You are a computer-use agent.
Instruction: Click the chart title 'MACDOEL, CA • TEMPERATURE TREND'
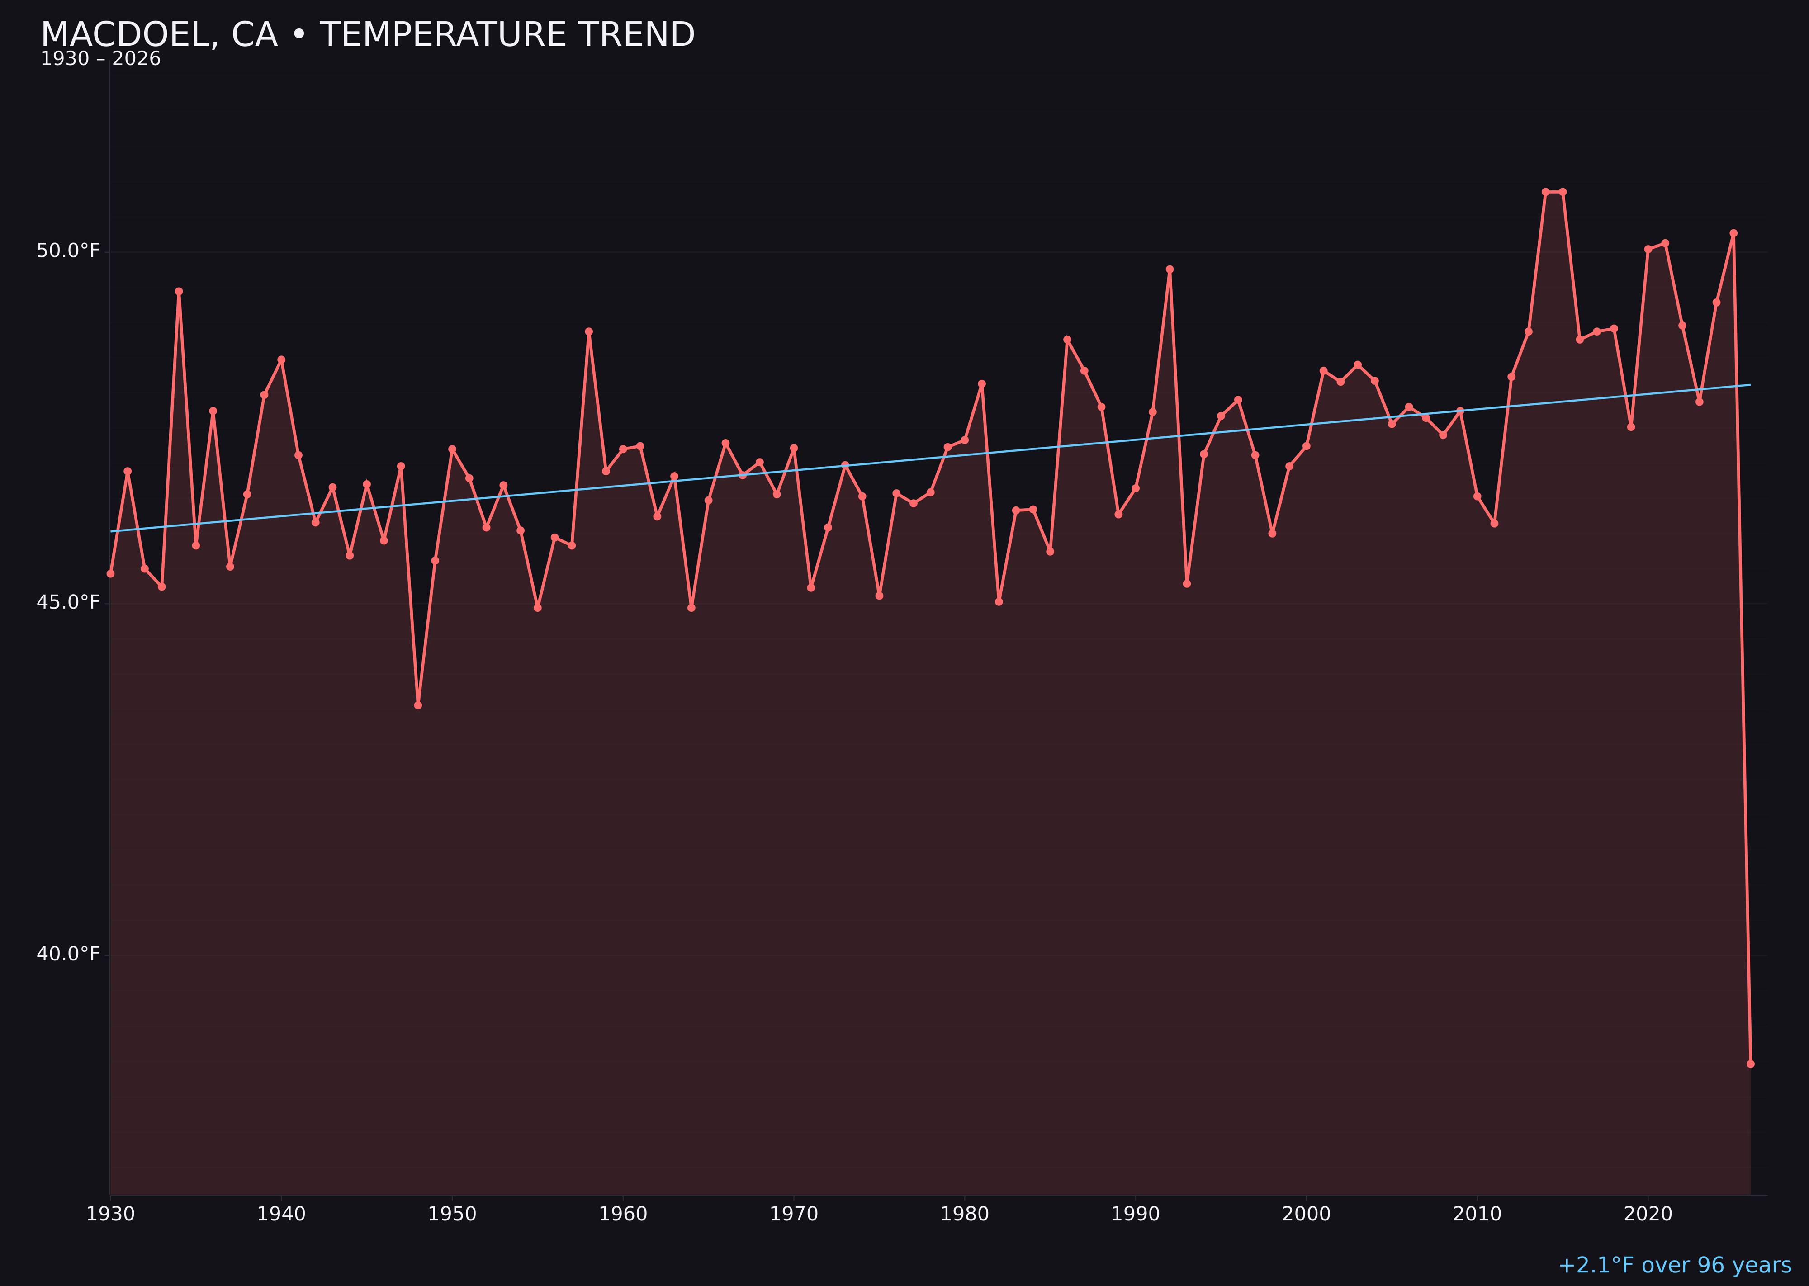(x=368, y=35)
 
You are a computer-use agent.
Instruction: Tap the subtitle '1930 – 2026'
(x=100, y=59)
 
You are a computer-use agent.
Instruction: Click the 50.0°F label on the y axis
(x=68, y=251)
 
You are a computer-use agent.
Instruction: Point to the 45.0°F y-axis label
(x=68, y=603)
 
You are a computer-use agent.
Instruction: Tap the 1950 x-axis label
(x=452, y=1214)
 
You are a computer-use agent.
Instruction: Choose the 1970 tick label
(x=794, y=1214)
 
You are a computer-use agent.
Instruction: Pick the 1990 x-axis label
(x=1136, y=1214)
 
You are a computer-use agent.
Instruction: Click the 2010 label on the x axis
(x=1477, y=1214)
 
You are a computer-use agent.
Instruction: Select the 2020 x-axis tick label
(x=1648, y=1214)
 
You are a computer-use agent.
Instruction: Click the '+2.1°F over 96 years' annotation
(x=1674, y=1265)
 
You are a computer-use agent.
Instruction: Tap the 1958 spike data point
(x=588, y=332)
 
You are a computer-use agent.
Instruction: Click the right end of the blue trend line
(x=1750, y=385)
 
